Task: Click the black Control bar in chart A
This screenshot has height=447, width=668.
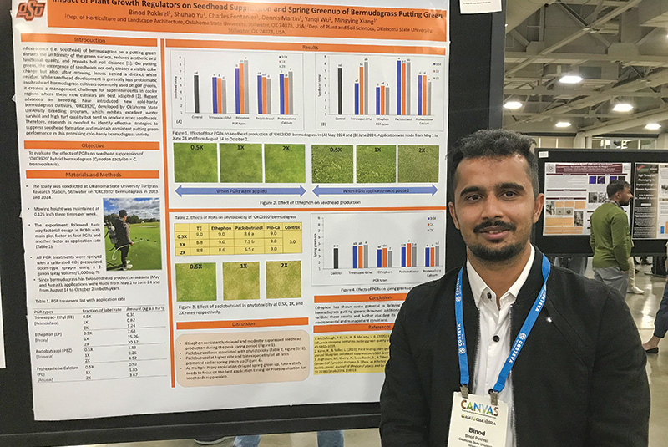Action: [x=196, y=94]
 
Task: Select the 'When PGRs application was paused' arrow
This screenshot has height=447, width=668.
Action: [x=375, y=190]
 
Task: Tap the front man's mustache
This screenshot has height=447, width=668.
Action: [x=494, y=226]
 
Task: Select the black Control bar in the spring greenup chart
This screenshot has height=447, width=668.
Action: [x=336, y=257]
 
